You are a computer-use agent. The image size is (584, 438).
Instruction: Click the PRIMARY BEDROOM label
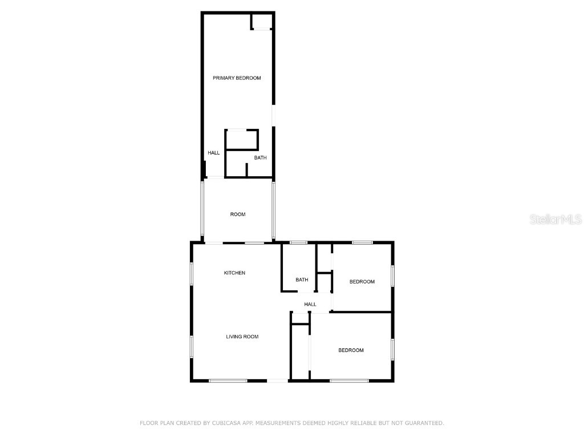[237, 78]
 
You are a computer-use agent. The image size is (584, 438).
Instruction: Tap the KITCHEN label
[234, 273]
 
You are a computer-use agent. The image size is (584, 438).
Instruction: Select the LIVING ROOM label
[242, 336]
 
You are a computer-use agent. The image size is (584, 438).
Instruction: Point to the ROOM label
[238, 214]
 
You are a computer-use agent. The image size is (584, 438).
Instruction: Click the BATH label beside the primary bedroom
[260, 158]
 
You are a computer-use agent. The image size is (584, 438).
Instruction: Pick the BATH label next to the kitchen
[302, 280]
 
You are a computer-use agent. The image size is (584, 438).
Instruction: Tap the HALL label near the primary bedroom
[214, 153]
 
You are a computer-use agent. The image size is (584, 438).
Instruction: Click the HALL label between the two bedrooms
[310, 305]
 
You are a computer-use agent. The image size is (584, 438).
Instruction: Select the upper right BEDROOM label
[362, 282]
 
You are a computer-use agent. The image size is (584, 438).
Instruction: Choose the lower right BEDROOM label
[351, 350]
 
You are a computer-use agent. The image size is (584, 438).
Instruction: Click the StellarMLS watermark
[555, 219]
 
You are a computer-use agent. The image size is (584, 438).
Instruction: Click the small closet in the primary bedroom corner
[262, 21]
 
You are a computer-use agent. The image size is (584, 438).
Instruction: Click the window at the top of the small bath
[298, 243]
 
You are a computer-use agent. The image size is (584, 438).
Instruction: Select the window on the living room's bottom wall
[228, 380]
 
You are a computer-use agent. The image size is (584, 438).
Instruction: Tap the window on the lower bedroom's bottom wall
[349, 380]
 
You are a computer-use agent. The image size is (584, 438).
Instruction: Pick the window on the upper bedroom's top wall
[362, 243]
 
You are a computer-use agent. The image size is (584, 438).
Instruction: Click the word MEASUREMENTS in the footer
[279, 423]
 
